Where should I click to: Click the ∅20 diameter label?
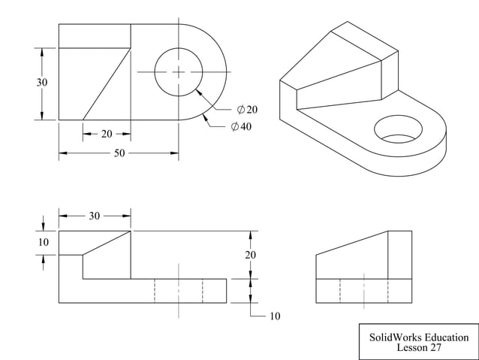tap(247, 110)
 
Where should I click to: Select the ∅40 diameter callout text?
tap(241, 126)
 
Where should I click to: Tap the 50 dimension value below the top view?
tap(119, 153)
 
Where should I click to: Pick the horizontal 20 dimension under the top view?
tap(107, 134)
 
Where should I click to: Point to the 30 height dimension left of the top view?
tap(43, 83)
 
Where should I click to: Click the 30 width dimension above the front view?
tap(95, 216)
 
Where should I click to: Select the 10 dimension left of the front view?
tap(43, 242)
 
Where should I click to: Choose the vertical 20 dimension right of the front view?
tap(250, 255)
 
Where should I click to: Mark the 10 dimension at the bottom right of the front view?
tap(274, 316)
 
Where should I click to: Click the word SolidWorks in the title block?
tap(390, 337)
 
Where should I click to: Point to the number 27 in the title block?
tap(435, 348)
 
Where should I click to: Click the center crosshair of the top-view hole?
tap(179, 72)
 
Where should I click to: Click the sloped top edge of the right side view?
tap(351, 244)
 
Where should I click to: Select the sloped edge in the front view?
tap(107, 243)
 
